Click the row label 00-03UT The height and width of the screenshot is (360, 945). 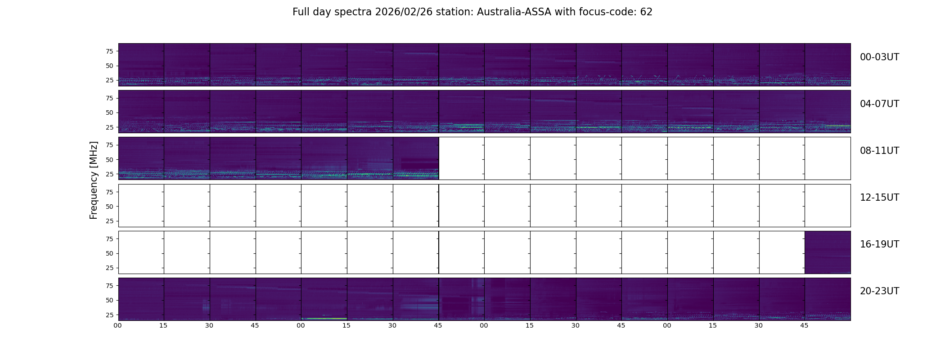pos(879,57)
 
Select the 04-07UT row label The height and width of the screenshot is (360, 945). pos(879,104)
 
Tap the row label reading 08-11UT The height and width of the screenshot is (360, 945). pos(879,151)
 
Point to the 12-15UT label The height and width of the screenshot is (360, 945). pos(879,198)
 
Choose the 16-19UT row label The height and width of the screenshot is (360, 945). pos(879,244)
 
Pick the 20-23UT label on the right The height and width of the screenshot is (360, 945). pos(879,291)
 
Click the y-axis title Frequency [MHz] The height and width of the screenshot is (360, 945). pos(94,180)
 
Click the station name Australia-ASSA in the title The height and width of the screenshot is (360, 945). pos(514,12)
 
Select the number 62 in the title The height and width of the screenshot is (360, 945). pos(646,12)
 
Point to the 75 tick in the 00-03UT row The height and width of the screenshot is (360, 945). pos(109,51)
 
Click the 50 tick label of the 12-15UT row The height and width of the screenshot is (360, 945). pos(109,207)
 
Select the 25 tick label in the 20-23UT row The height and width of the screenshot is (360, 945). pos(109,315)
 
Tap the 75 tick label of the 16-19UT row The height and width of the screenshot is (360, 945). pos(109,239)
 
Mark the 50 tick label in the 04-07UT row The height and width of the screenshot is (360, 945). pos(109,113)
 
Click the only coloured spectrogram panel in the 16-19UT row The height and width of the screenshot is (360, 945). pos(828,252)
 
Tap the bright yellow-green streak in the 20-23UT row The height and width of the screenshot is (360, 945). pos(324,319)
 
